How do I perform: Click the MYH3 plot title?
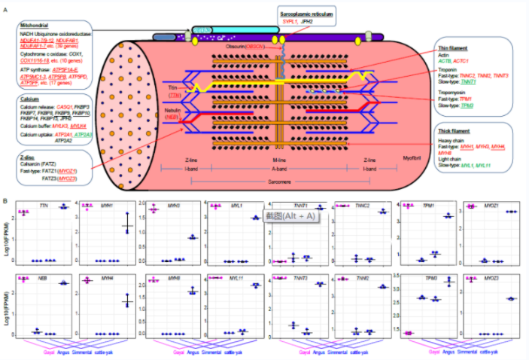(x=155, y=205)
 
